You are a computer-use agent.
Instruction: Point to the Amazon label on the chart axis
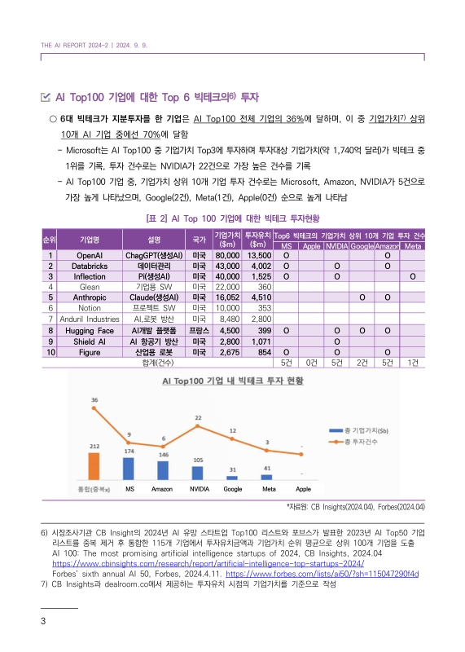[162, 489]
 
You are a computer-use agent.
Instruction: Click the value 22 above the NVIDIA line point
[197, 417]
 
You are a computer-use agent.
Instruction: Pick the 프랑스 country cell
[198, 331]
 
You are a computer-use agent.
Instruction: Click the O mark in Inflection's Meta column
[413, 276]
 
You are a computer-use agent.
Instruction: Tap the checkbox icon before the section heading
[45, 98]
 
